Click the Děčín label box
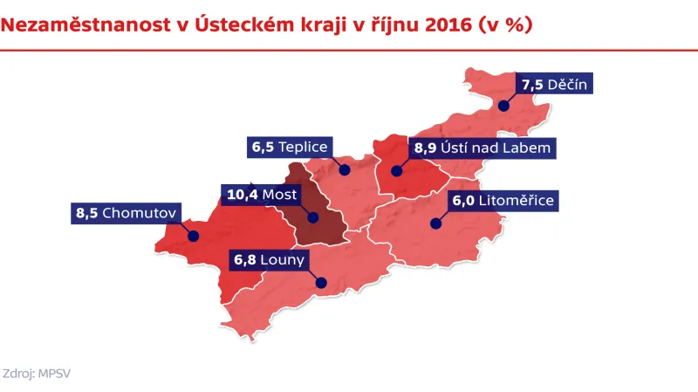click(555, 85)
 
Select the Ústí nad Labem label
click(482, 148)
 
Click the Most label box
click(263, 194)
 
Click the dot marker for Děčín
click(503, 104)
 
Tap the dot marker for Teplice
click(345, 169)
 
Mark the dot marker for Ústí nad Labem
click(397, 171)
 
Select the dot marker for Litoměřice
click(434, 224)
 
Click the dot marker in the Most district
click(312, 217)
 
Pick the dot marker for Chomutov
click(194, 236)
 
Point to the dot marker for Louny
click(320, 282)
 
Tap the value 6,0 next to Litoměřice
click(463, 201)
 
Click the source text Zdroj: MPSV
click(43, 372)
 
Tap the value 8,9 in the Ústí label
click(425, 148)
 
